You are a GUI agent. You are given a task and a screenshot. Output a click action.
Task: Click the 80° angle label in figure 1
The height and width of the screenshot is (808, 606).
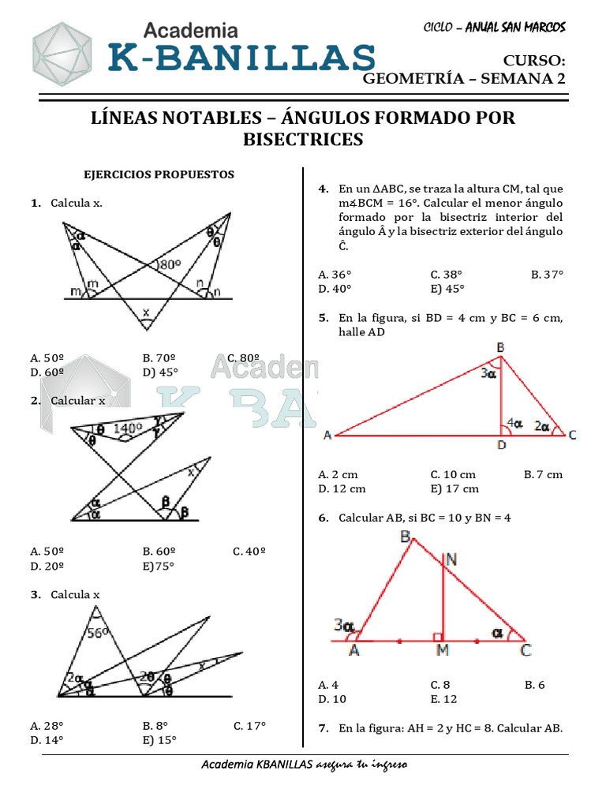[170, 265]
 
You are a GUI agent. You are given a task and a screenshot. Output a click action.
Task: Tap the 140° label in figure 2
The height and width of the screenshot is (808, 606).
[129, 428]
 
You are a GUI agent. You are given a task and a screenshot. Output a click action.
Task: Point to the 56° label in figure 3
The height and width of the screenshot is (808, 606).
[98, 632]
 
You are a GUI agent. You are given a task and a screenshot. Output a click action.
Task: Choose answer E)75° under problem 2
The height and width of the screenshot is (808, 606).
[159, 566]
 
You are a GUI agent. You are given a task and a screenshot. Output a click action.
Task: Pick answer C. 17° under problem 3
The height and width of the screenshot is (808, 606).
[249, 725]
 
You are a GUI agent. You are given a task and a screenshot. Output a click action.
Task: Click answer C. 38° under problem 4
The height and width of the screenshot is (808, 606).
[446, 275]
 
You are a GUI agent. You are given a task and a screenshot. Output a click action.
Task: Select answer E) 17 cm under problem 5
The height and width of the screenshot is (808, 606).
[454, 488]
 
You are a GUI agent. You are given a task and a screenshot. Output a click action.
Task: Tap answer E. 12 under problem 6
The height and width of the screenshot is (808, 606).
[443, 699]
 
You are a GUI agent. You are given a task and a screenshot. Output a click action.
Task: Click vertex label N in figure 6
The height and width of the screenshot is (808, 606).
[450, 559]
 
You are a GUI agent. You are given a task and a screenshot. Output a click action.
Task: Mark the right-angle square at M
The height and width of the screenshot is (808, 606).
[437, 635]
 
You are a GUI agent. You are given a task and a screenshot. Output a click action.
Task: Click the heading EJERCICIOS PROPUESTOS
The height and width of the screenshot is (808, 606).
[159, 174]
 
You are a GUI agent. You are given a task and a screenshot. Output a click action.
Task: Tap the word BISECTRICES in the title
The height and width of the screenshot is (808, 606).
[303, 140]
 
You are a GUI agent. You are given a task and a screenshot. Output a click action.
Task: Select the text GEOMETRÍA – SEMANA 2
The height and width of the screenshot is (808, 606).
[464, 78]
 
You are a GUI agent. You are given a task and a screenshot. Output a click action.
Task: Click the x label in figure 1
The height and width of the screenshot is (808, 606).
[145, 312]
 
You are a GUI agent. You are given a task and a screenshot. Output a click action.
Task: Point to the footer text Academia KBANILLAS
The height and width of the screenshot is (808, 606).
[257, 765]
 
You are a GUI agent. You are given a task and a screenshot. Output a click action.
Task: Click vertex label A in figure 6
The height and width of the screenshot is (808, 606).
[354, 651]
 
